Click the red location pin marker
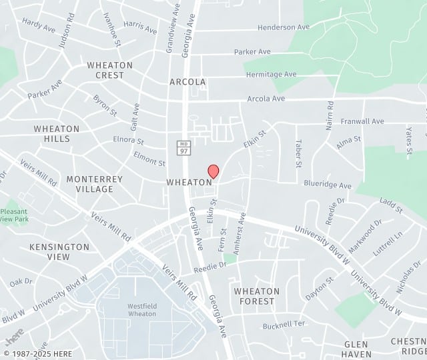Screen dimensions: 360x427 pos(213,171)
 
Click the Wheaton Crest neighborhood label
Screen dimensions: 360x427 pos(105,70)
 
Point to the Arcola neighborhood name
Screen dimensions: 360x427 pos(187,82)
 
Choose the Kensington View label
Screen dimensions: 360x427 pos(59,251)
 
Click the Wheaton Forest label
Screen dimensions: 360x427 pos(257,296)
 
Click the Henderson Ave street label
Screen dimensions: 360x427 pos(284,27)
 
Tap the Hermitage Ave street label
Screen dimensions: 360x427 pos(271,74)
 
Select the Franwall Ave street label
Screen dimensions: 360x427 pos(362,121)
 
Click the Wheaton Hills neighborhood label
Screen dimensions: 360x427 pos(57,133)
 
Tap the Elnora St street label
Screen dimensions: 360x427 pos(128,141)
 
